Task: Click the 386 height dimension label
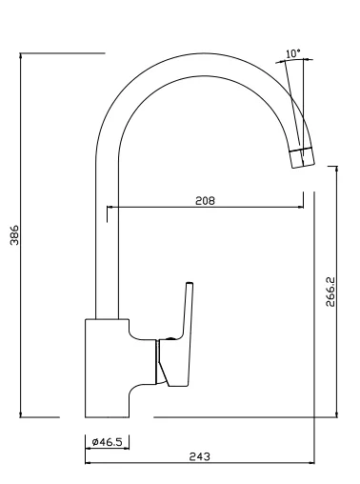tap(14, 235)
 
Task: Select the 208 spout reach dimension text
tap(205, 201)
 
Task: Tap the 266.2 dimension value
tap(330, 292)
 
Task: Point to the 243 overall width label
tap(200, 456)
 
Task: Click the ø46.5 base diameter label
tap(107, 442)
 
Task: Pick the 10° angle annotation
tap(293, 53)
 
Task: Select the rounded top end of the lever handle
tap(190, 283)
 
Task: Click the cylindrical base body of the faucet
tap(107, 368)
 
